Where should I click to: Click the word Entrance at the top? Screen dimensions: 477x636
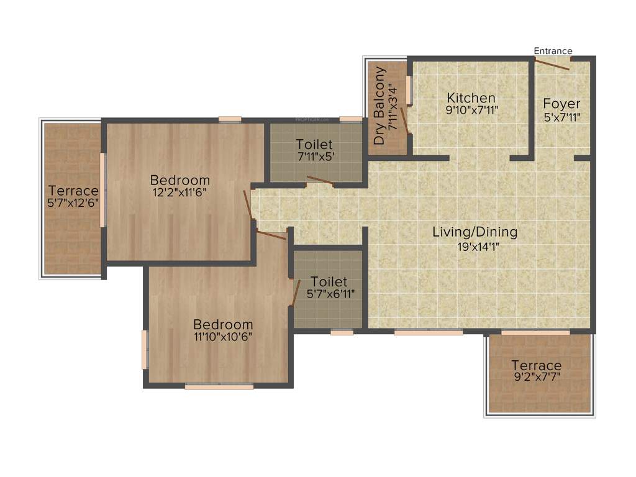click(x=553, y=51)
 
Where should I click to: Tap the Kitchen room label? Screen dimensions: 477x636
click(x=471, y=98)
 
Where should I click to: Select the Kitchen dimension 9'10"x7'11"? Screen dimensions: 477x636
click(x=471, y=111)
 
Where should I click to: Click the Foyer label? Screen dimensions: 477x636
click(x=561, y=103)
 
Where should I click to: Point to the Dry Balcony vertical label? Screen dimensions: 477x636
click(x=380, y=106)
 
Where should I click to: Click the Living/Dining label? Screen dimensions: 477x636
click(x=475, y=232)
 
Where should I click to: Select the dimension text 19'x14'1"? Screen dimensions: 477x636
click(x=475, y=246)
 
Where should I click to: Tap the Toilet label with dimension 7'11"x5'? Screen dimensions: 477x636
click(x=314, y=144)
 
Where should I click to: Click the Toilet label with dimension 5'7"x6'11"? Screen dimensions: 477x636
click(x=329, y=282)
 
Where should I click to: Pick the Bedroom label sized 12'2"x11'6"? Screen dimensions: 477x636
click(x=179, y=180)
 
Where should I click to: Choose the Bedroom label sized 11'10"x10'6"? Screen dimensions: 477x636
click(x=223, y=324)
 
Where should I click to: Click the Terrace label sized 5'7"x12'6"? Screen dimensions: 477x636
click(x=74, y=191)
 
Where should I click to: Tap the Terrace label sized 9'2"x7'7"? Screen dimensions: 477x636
click(x=536, y=365)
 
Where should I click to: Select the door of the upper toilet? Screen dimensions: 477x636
click(x=319, y=181)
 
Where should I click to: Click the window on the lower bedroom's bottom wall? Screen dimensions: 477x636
click(x=219, y=386)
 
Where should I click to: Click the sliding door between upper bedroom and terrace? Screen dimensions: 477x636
click(x=103, y=191)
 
